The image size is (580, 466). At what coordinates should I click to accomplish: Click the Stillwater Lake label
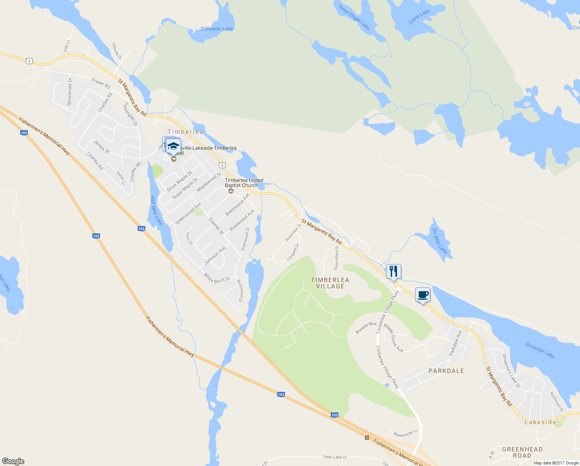[x=217, y=29]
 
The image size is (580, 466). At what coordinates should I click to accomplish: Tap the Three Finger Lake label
[x=354, y=17]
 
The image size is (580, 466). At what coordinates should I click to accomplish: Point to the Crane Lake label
[x=419, y=17]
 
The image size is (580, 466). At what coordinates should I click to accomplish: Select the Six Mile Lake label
[x=440, y=241]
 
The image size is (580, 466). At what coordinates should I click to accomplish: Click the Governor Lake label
[x=540, y=350]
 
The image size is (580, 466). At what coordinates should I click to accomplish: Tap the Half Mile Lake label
[x=156, y=210]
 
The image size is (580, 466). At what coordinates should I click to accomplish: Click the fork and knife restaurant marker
[x=394, y=271]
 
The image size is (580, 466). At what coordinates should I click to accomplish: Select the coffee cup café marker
[x=423, y=295]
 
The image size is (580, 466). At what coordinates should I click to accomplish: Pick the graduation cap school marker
[x=173, y=146]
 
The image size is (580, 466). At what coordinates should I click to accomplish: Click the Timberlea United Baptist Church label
[x=244, y=183]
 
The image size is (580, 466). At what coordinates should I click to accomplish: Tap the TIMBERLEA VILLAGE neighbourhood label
[x=330, y=283]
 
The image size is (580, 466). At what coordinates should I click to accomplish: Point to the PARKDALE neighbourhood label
[x=446, y=371]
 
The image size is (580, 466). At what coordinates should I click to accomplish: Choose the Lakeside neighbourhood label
[x=540, y=422]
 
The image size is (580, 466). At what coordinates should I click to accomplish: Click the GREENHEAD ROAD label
[x=522, y=452]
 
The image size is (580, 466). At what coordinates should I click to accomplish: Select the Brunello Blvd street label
[x=366, y=328]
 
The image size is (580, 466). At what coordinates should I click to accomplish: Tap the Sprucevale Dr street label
[x=69, y=92]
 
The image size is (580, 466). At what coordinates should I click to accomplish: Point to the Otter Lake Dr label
[x=335, y=457]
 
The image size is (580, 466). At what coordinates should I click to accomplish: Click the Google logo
[x=13, y=461]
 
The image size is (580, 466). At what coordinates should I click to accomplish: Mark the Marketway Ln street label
[x=405, y=433]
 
